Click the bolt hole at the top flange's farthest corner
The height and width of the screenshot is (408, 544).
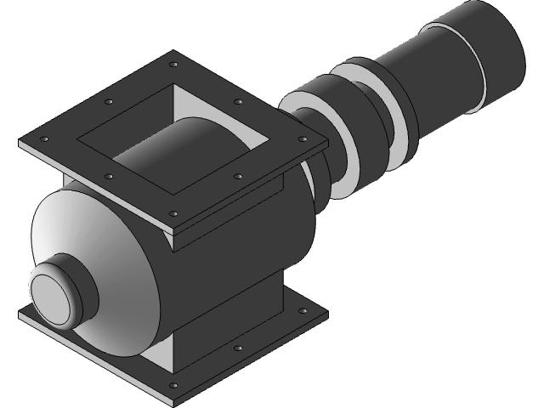point(173,65)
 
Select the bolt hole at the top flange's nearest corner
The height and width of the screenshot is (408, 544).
point(173,213)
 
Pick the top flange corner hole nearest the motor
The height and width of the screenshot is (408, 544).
point(302,138)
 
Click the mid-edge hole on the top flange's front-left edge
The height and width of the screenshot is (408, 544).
point(109,176)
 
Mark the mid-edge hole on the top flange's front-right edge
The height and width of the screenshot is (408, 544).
point(238,176)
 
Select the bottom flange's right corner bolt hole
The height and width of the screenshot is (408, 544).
point(302,313)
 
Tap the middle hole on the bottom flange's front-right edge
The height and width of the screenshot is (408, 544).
point(238,349)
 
